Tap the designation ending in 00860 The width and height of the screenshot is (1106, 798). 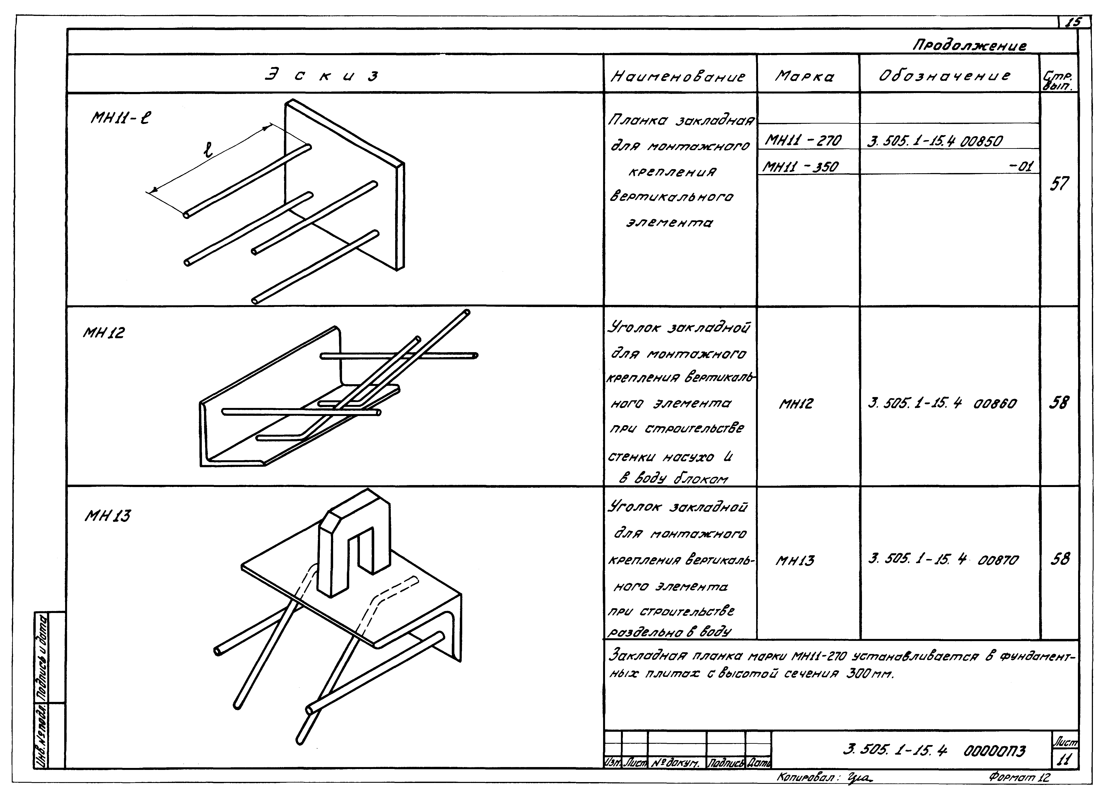[942, 404]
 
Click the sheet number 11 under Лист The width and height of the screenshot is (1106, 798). [1064, 760]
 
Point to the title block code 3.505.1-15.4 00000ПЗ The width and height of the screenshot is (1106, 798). [934, 751]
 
